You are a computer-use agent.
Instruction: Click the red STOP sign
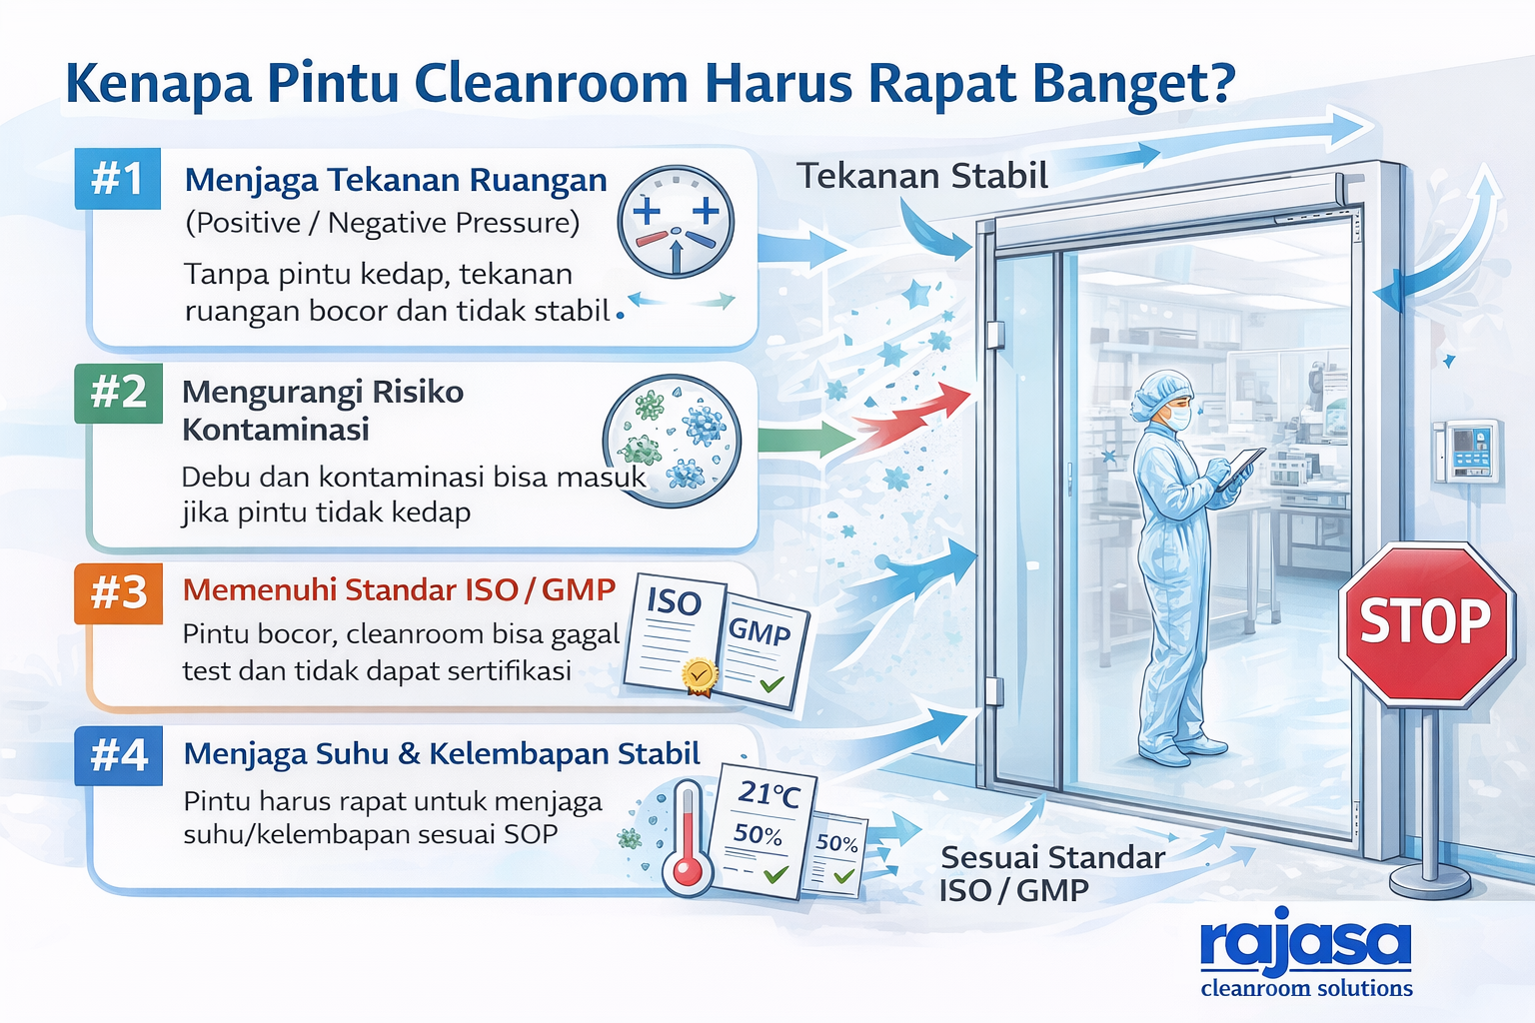pyautogui.click(x=1425, y=623)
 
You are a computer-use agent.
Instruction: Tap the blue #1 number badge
pyautogui.click(x=118, y=180)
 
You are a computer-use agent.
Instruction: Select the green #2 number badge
pyautogui.click(x=118, y=393)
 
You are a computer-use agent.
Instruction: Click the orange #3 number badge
pyautogui.click(x=118, y=593)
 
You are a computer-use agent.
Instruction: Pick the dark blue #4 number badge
pyautogui.click(x=118, y=755)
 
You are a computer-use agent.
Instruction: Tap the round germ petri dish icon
pyautogui.click(x=673, y=440)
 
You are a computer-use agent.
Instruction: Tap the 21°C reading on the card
pyautogui.click(x=768, y=794)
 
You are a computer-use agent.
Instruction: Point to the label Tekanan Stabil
pyautogui.click(x=921, y=177)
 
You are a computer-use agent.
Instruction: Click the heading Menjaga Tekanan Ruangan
pyautogui.click(x=396, y=180)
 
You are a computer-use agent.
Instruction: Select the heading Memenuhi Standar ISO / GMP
pyautogui.click(x=399, y=589)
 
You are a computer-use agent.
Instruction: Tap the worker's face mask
pyautogui.click(x=1179, y=417)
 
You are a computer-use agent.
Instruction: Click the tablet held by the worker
pyautogui.click(x=1242, y=466)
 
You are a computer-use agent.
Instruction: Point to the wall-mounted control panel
pyautogui.click(x=1467, y=451)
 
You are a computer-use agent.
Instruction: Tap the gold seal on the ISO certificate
pyautogui.click(x=700, y=675)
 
